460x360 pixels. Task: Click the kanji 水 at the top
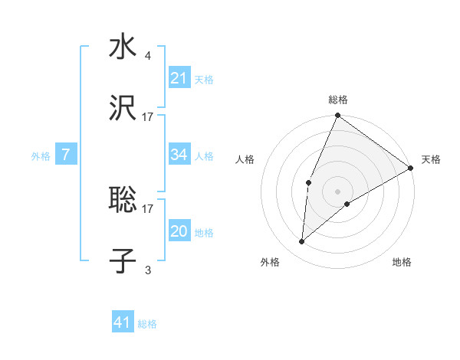click(x=123, y=48)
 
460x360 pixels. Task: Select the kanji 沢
click(x=123, y=110)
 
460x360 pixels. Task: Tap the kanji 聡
click(x=123, y=201)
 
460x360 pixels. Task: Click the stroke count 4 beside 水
click(x=147, y=56)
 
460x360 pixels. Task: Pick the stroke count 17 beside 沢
click(x=148, y=117)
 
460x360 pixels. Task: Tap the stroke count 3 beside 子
click(x=147, y=270)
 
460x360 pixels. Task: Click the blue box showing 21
click(x=179, y=78)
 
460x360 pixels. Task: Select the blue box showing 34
click(x=179, y=155)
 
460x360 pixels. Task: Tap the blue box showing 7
click(x=66, y=155)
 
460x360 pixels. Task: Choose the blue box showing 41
click(x=123, y=322)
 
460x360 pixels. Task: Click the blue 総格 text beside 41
click(x=147, y=324)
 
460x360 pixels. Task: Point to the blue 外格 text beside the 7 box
click(x=41, y=156)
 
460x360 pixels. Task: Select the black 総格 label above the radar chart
click(x=338, y=100)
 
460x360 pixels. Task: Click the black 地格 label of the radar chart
click(x=402, y=263)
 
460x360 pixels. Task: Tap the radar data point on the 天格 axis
click(x=411, y=169)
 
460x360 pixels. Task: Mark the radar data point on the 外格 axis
click(x=302, y=242)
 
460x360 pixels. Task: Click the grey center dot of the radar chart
click(x=338, y=191)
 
